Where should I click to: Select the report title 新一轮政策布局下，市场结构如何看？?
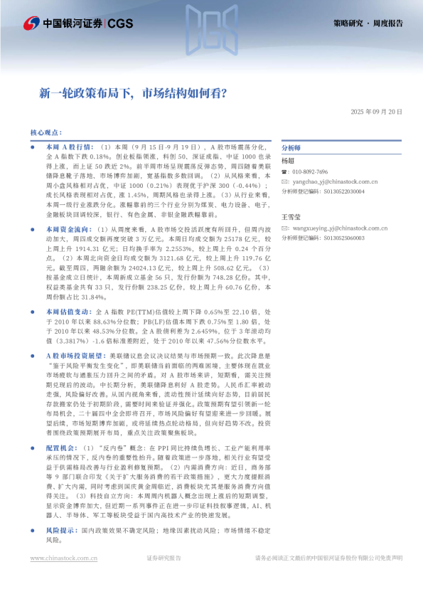133,92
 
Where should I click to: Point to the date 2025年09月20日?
376,112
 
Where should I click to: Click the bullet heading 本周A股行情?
65,145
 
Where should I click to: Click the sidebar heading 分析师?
291,148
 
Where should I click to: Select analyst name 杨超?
287,162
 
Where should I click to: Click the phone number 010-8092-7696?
309,172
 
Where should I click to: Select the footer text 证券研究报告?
164,558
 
